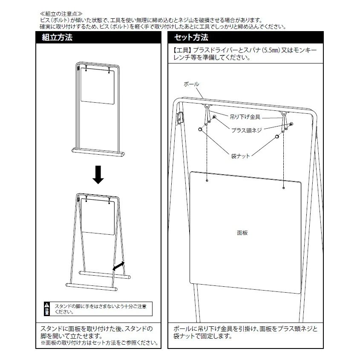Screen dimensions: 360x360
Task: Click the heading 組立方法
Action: (57, 37)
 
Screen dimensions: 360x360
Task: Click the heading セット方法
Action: (191, 37)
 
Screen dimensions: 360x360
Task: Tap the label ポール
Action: (191, 84)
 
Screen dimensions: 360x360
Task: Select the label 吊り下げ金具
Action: (245, 117)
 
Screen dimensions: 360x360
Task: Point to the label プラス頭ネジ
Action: (246, 130)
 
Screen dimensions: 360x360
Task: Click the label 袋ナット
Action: (240, 156)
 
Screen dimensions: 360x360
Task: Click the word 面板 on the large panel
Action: (242, 233)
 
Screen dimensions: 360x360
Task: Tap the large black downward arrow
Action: (98, 175)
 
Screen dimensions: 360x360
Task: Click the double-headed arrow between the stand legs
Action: (118, 266)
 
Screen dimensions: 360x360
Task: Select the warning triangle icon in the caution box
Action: (47, 305)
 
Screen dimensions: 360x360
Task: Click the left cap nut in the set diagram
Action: (200, 130)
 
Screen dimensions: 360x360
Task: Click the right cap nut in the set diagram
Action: (277, 137)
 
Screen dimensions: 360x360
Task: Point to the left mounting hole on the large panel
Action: (207, 181)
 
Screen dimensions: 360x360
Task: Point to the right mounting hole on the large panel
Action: (284, 188)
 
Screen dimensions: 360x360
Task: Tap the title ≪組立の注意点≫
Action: (61, 14)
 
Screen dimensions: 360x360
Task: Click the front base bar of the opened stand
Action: (92, 287)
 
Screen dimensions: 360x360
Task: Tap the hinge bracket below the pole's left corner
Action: (179, 118)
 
